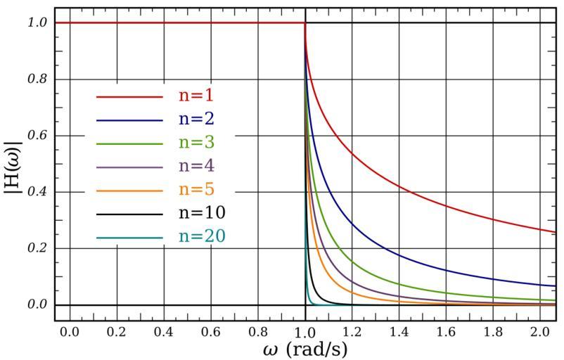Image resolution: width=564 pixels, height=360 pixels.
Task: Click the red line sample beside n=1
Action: pos(129,97)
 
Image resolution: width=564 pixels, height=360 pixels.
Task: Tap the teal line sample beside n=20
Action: pos(129,238)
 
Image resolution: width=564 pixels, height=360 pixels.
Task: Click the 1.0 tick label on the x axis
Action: pos(305,329)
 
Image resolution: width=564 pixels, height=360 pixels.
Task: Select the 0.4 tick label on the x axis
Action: pos(164,329)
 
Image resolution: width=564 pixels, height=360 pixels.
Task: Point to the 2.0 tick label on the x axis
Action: pos(540,329)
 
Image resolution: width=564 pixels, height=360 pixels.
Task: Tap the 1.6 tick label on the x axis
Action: pos(446,329)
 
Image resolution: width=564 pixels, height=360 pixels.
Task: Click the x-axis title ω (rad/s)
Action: pos(305,348)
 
